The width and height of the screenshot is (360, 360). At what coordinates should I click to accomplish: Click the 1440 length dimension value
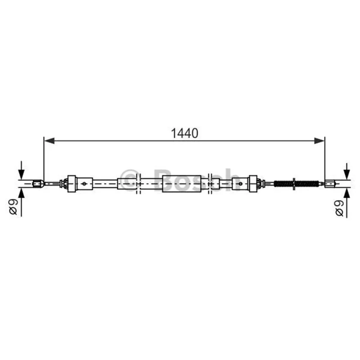click(x=184, y=133)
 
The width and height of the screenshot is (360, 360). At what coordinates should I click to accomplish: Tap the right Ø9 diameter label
click(x=339, y=208)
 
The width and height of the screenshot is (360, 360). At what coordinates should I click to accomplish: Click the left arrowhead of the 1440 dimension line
click(x=49, y=141)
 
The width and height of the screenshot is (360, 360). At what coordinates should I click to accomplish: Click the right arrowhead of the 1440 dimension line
click(x=319, y=141)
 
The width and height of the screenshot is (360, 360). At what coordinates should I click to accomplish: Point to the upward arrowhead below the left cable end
click(x=21, y=193)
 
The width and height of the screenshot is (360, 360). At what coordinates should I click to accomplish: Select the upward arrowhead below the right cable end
click(x=346, y=193)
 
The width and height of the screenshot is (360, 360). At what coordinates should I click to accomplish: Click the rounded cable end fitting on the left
click(x=38, y=184)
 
